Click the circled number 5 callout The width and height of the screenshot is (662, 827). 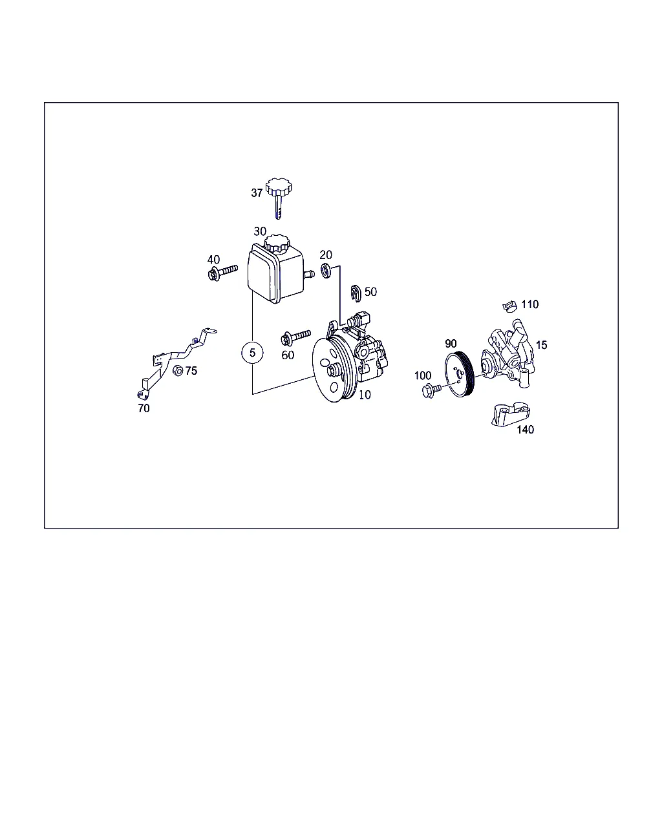coord(252,352)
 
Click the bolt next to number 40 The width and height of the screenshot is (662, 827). coord(223,272)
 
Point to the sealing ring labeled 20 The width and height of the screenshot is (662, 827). coord(326,271)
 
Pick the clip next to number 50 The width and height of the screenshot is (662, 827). coord(356,293)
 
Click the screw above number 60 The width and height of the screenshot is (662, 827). coord(296,337)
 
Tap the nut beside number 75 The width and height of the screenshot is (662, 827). coord(177,370)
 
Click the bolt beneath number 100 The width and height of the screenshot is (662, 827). coord(432,390)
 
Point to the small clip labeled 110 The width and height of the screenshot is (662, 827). coord(509,307)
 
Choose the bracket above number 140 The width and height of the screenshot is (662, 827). coord(511,415)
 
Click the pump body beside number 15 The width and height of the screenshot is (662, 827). coord(507,355)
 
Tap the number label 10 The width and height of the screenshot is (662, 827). coord(365,395)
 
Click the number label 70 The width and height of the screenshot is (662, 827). coord(144,408)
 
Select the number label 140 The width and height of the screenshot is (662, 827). coord(525,430)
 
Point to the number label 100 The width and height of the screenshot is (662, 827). coord(422,375)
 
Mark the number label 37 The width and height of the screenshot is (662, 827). coord(257,193)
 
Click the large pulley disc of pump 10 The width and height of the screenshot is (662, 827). coord(331,368)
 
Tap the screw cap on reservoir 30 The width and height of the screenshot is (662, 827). coord(276,243)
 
